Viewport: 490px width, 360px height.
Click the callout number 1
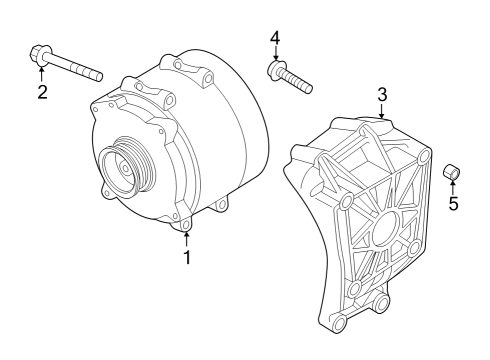coord(187,257)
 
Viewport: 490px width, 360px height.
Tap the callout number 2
coord(42,92)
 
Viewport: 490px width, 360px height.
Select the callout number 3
coord(382,95)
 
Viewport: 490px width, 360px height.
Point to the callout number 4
coord(275,38)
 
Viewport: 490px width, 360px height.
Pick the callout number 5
coord(453,203)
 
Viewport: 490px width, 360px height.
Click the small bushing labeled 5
coord(451,172)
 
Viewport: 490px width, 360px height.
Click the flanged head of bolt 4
coord(275,69)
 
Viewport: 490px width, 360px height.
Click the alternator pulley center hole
coord(125,169)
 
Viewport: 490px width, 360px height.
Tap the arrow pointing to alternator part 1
coord(187,240)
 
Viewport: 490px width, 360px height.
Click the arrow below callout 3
coord(382,111)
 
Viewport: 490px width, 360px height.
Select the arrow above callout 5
coord(453,187)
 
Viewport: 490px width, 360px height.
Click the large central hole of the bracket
coord(386,230)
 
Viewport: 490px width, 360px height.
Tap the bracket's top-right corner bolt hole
coord(424,156)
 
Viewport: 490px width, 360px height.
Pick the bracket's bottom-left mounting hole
coord(339,322)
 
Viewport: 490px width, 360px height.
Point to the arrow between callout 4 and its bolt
coord(275,53)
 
